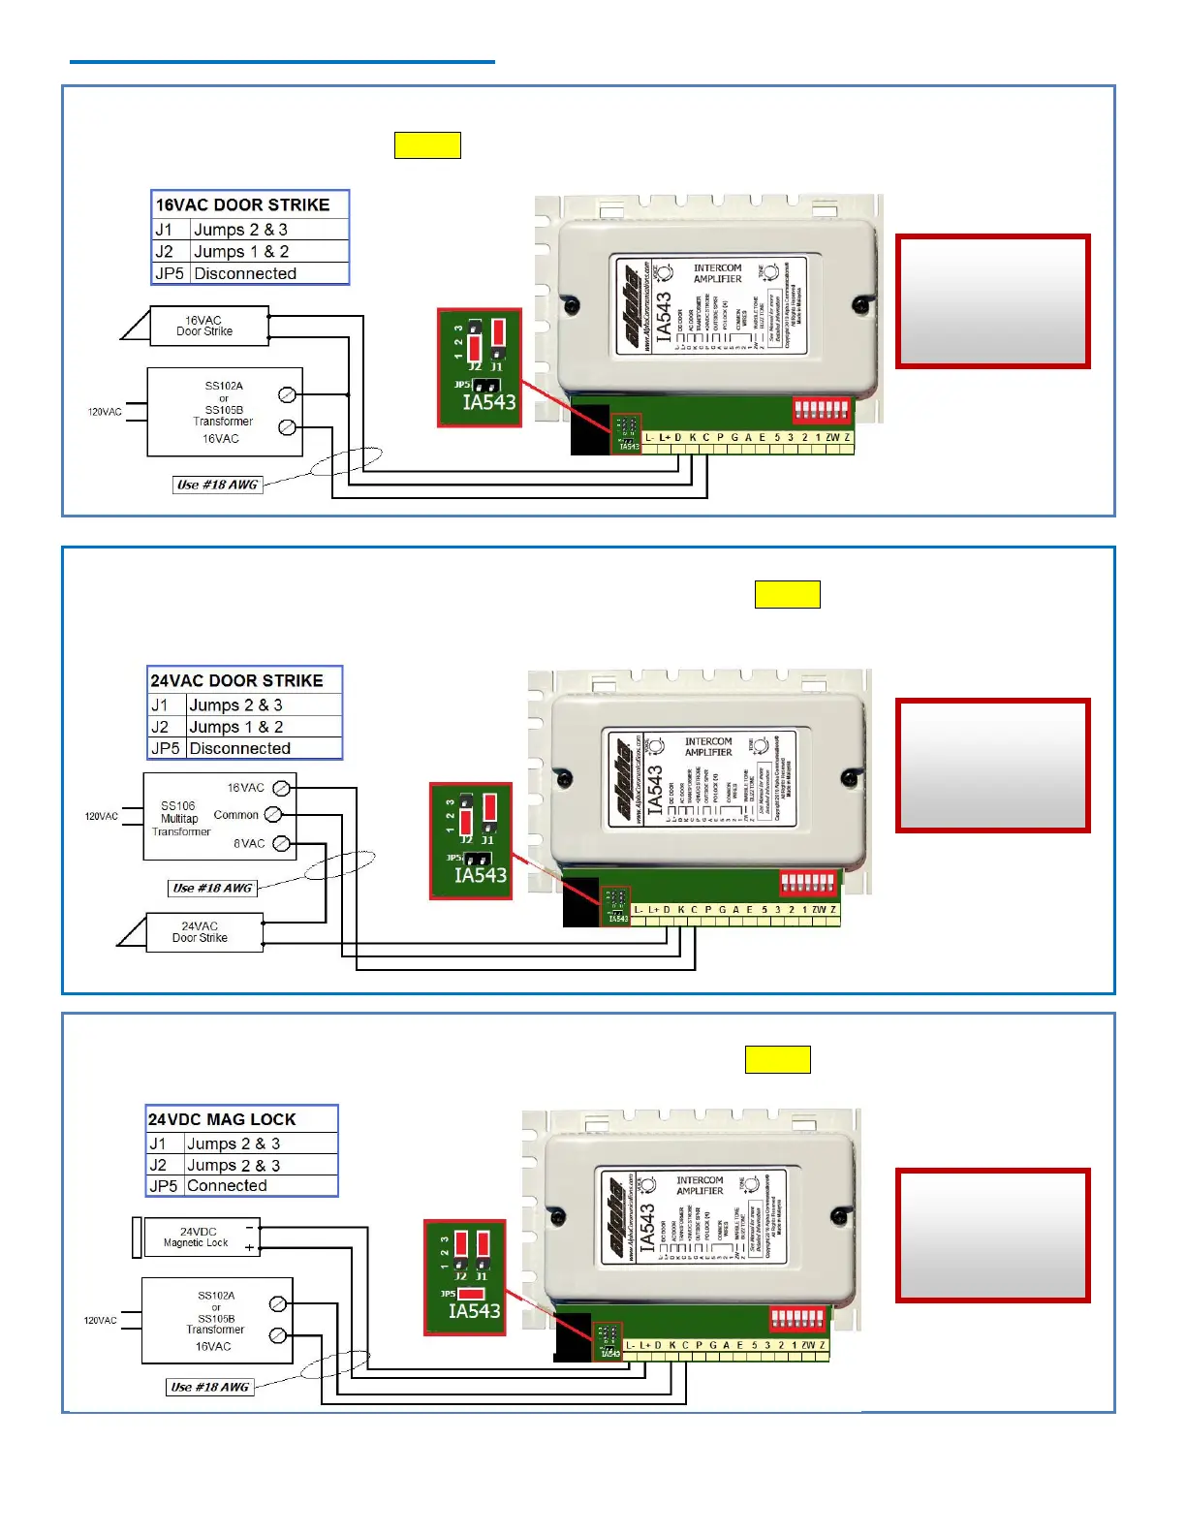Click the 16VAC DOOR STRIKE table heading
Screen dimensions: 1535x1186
coord(243,204)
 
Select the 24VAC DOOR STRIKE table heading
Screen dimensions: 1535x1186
coord(237,680)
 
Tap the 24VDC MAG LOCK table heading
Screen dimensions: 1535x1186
coord(223,1119)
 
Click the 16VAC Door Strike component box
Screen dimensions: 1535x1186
coord(208,326)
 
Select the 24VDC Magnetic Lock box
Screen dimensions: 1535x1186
coord(201,1237)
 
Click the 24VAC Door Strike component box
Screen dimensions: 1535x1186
coord(203,932)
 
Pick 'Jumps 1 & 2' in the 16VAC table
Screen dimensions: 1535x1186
coord(241,251)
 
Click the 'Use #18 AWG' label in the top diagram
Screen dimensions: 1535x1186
coord(217,485)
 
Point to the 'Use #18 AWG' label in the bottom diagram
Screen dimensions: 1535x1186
coord(210,1387)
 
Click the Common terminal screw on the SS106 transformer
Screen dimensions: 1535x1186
coord(273,814)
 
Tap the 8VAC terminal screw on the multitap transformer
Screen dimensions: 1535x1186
coord(281,843)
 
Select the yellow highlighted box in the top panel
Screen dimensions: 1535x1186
coord(427,145)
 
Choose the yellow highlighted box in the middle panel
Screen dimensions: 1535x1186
coord(787,594)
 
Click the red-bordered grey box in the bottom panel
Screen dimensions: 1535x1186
coord(992,1235)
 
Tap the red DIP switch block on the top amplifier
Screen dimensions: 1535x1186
coord(822,408)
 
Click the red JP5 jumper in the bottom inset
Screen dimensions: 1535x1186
coord(472,1293)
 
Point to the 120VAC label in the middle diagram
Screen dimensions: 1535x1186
coord(102,816)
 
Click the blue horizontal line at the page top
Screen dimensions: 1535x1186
coord(282,62)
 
